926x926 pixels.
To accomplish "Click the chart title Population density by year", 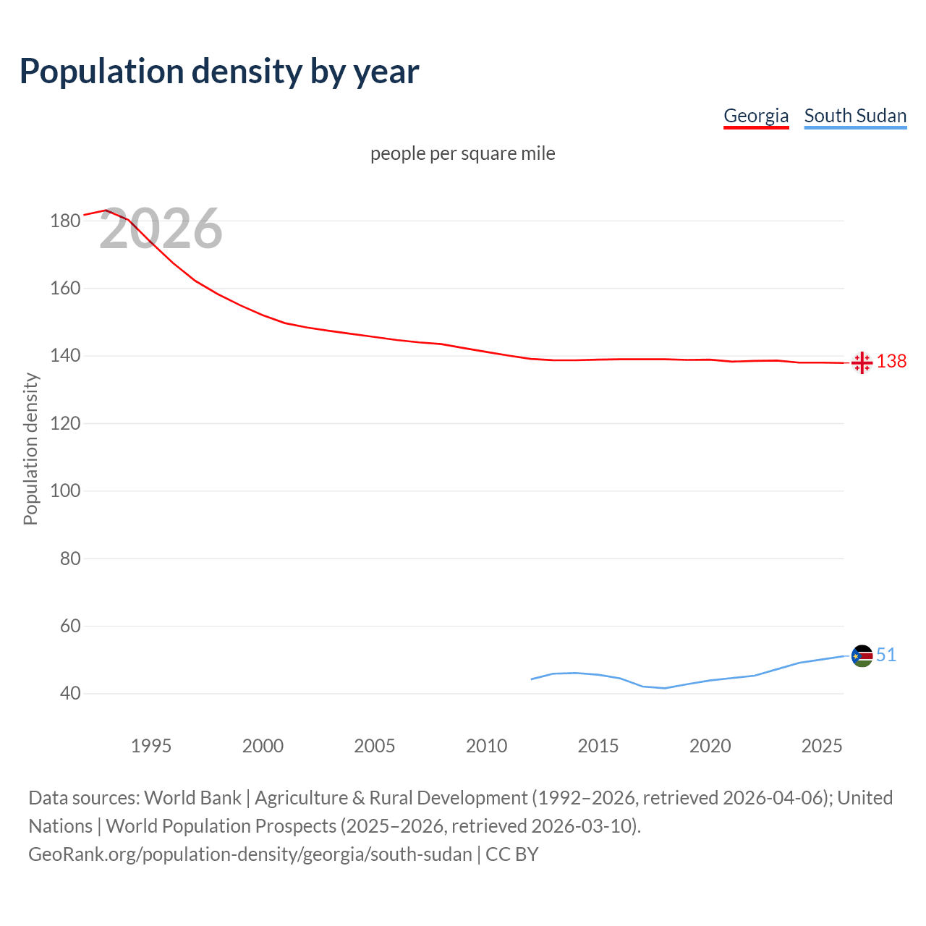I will click(x=219, y=72).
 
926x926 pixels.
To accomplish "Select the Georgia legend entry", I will click(x=756, y=116).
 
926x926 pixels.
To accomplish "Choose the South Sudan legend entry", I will click(x=855, y=116).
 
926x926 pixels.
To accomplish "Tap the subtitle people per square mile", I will click(x=462, y=153).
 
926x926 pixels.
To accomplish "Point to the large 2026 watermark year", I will click(x=161, y=229).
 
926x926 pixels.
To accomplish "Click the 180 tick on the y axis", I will click(x=65, y=221).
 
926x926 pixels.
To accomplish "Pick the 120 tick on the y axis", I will click(x=65, y=423).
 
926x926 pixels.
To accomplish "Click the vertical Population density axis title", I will click(x=30, y=449).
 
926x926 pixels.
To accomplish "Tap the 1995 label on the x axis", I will click(x=150, y=746).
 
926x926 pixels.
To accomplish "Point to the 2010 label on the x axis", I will click(x=486, y=746).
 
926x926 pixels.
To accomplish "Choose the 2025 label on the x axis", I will click(x=822, y=746).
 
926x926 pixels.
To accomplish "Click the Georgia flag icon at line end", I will click(x=862, y=362).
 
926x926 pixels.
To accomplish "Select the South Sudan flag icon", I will click(x=862, y=656).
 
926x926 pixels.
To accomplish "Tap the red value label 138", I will click(x=891, y=361).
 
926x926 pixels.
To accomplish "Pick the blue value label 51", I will click(x=886, y=655).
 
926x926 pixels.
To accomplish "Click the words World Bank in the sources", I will click(x=192, y=798).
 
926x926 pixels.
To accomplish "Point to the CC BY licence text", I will click(x=512, y=854).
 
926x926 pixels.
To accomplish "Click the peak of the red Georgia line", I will click(x=106, y=210).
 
